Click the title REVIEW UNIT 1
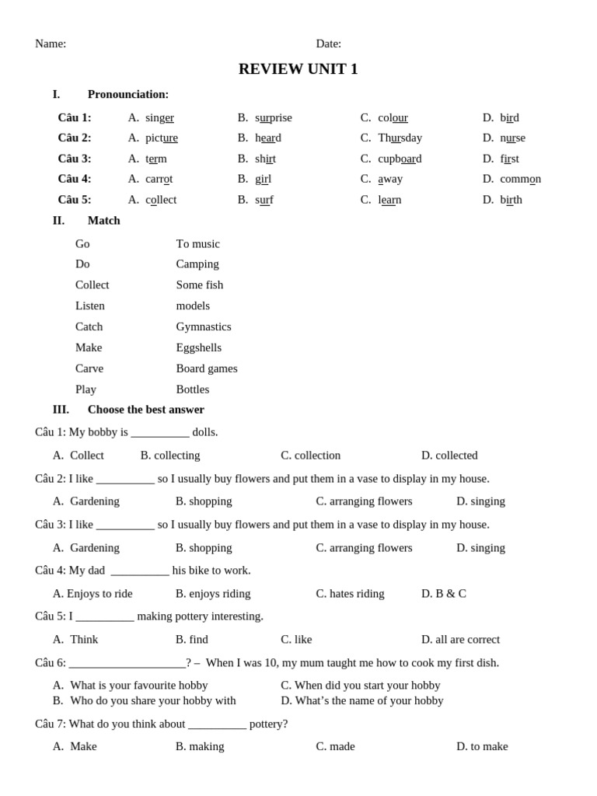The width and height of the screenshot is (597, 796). click(298, 69)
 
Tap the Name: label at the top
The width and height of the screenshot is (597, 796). click(51, 44)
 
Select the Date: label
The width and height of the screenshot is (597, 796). click(328, 44)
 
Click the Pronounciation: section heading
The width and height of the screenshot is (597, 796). click(127, 94)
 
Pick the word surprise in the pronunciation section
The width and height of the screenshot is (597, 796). click(274, 117)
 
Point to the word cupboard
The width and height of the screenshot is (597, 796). click(400, 159)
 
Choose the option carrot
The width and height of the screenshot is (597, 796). click(159, 179)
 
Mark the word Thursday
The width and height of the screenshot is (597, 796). click(400, 138)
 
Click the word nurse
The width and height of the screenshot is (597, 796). click(512, 138)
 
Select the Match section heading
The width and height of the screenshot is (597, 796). click(103, 221)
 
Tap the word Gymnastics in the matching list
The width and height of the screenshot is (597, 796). click(204, 326)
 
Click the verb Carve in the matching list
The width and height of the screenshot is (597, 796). click(89, 368)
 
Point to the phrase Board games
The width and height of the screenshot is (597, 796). click(207, 368)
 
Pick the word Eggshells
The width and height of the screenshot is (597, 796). click(198, 347)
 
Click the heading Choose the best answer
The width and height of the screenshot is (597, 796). click(145, 410)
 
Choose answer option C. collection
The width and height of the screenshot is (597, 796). click(310, 456)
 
